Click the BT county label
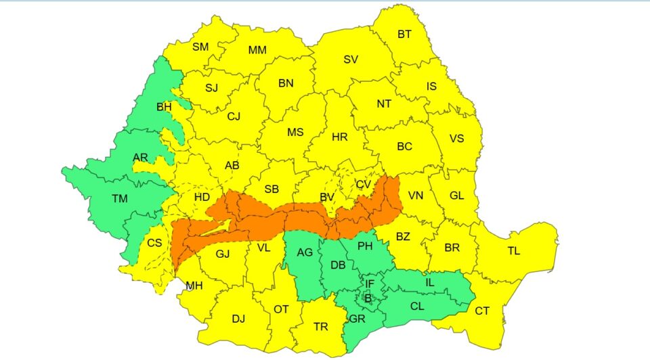[x=404, y=34]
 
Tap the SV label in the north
[x=350, y=60]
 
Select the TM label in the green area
[x=120, y=198]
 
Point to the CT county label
[x=482, y=311]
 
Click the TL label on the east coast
[x=514, y=251]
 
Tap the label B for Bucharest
[x=368, y=298]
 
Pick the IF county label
[x=369, y=284]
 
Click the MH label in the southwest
[x=194, y=286]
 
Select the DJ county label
[x=238, y=319]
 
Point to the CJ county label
[x=234, y=116]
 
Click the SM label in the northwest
[x=200, y=47]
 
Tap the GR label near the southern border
[x=357, y=319]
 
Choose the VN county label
[x=415, y=196]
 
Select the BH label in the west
[x=164, y=107]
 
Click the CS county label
[x=154, y=242]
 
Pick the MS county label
[x=295, y=132]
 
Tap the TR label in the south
[x=321, y=327]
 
